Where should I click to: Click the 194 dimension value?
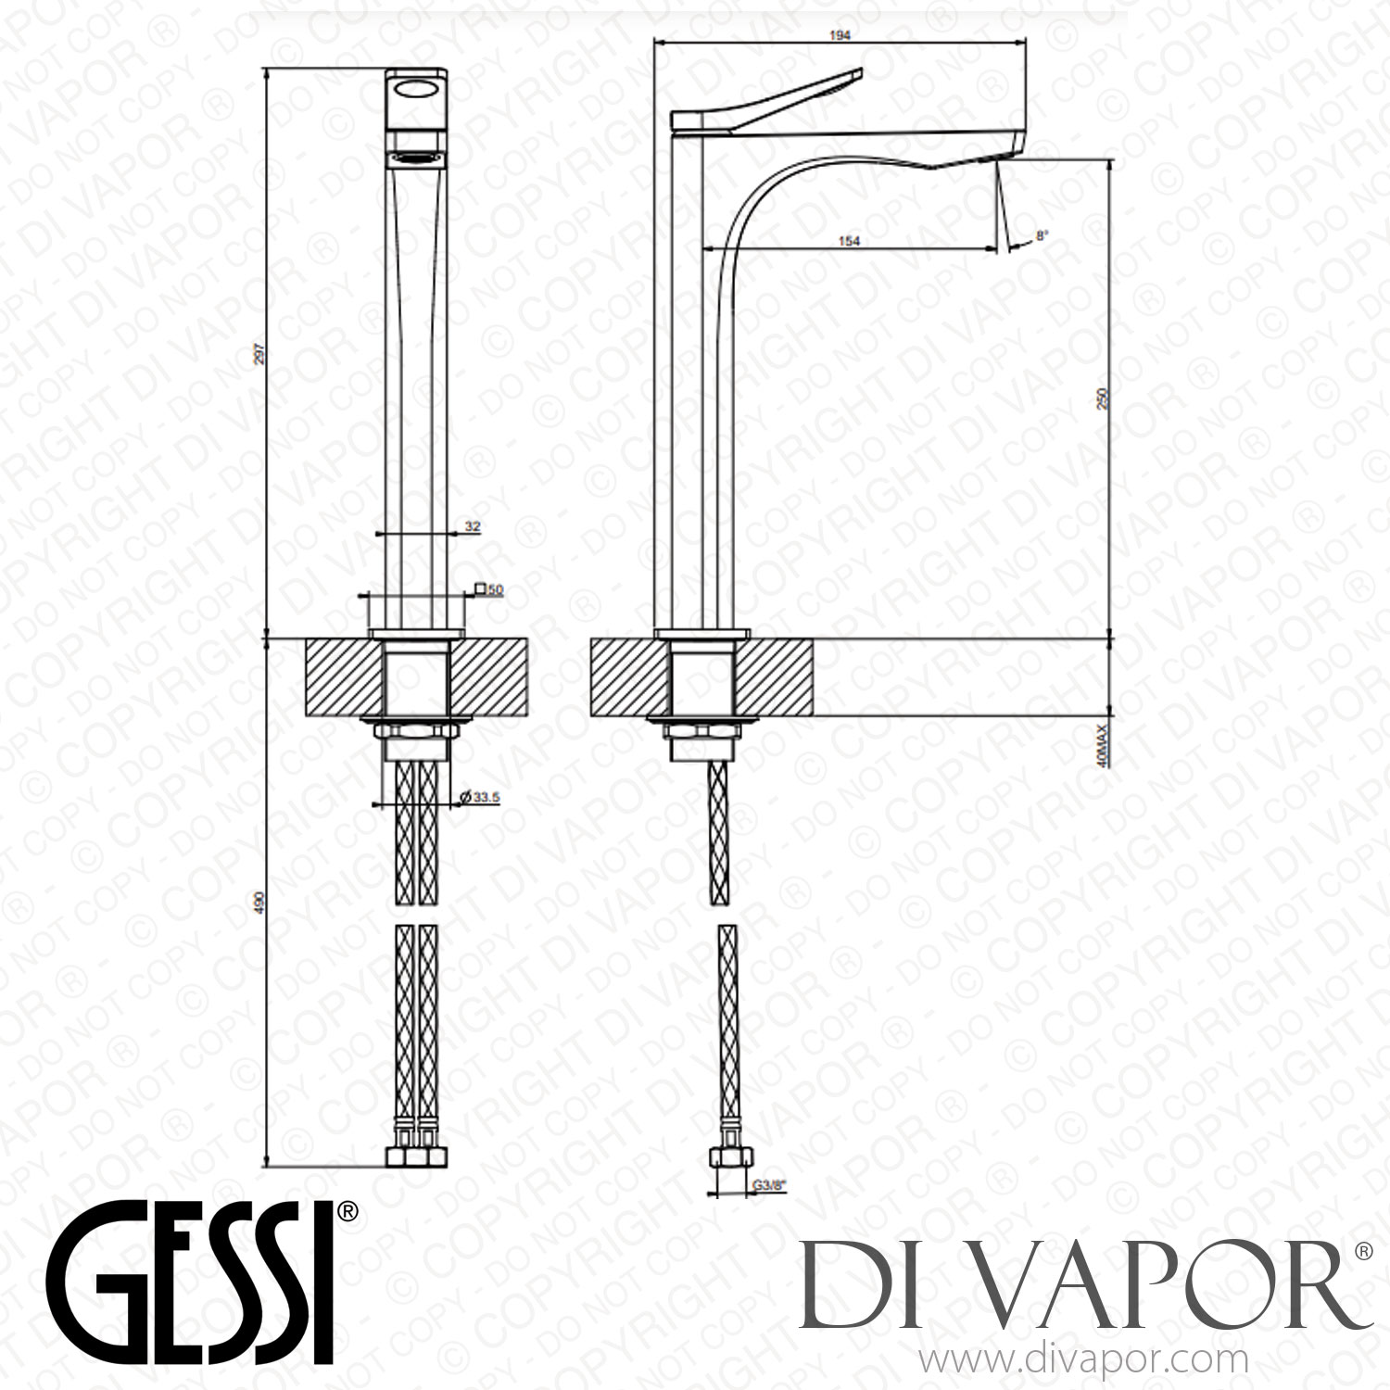[840, 34]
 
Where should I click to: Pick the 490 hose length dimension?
[259, 903]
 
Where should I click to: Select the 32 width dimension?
[472, 526]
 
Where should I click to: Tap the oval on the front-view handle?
[417, 90]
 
